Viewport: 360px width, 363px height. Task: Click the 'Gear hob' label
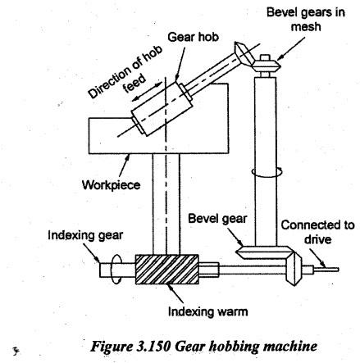pyautogui.click(x=194, y=37)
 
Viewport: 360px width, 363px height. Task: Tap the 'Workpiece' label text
pyautogui.click(x=112, y=185)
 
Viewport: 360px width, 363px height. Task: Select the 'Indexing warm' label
pyautogui.click(x=208, y=311)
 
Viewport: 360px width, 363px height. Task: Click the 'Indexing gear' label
pyautogui.click(x=85, y=235)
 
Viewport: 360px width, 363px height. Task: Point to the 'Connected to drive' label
pyautogui.click(x=318, y=232)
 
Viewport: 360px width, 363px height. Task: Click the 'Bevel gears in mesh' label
pyautogui.click(x=306, y=20)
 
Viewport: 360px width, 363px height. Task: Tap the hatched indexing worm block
pyautogui.click(x=166, y=270)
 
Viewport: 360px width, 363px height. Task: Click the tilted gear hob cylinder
pyautogui.click(x=162, y=109)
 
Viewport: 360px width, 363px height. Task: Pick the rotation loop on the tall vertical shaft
pyautogui.click(x=267, y=173)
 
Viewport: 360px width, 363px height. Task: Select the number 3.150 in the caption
pyautogui.click(x=153, y=346)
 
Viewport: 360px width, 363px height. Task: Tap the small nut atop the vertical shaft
pyautogui.click(x=266, y=57)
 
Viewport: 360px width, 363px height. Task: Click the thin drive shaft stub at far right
pyautogui.click(x=326, y=270)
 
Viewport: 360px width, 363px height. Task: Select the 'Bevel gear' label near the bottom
pyautogui.click(x=217, y=219)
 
